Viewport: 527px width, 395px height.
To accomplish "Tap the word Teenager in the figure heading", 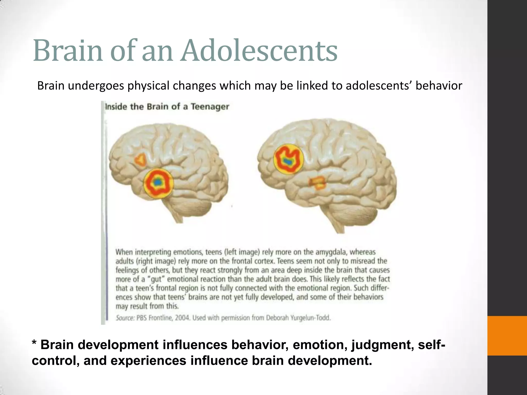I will point(210,106).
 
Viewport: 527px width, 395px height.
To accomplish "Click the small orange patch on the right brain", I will point(318,183).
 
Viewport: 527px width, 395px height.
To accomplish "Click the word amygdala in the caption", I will point(328,252).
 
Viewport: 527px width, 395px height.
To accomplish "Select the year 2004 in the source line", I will point(182,318).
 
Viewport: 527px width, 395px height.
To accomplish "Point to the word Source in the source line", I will point(125,318).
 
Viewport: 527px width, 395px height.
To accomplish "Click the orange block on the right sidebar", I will point(507,336).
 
